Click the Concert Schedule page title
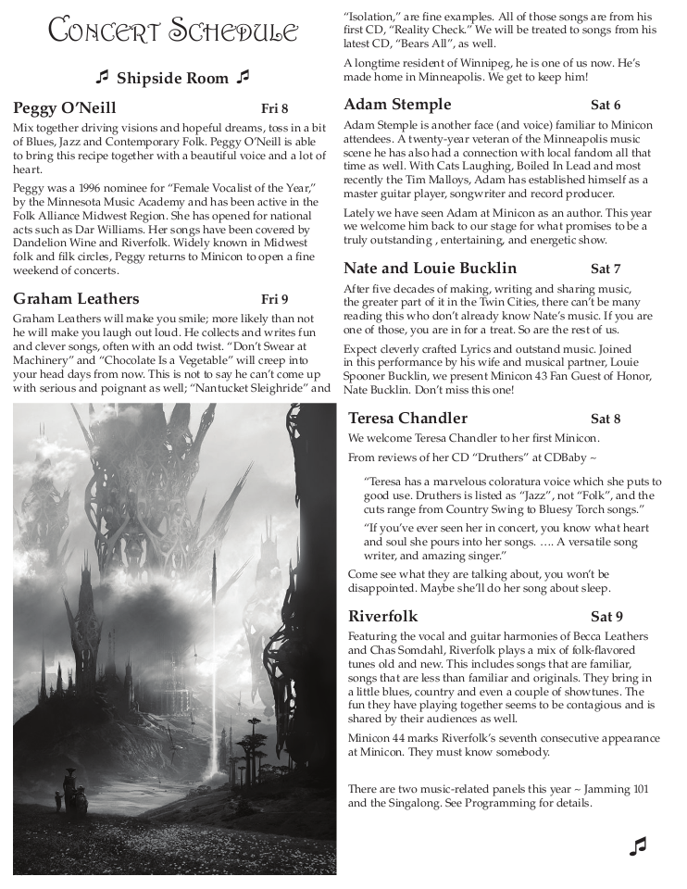[173, 32]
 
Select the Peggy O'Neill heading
[65, 107]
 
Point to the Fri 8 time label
[275, 108]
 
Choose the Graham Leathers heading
[77, 298]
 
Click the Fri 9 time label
[275, 299]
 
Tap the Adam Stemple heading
[397, 104]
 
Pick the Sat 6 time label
[606, 105]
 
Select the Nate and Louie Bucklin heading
[431, 269]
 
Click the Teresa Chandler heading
[408, 418]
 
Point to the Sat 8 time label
[606, 419]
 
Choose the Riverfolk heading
[383, 616]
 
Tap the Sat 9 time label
[606, 617]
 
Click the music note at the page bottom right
[637, 845]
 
